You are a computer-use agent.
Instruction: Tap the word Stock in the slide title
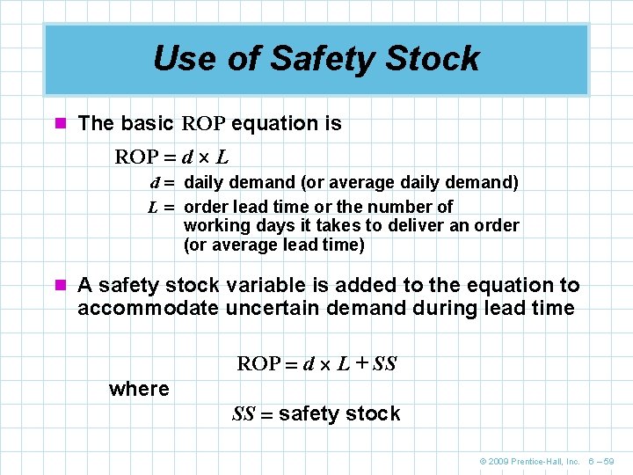point(437,59)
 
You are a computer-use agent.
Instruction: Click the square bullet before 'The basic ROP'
point(61,124)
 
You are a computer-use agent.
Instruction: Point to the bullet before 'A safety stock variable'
point(61,286)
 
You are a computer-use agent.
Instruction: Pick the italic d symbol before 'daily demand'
point(155,183)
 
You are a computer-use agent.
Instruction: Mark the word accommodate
point(148,308)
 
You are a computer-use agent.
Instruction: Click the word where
point(139,389)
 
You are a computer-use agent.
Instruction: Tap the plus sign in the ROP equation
point(360,363)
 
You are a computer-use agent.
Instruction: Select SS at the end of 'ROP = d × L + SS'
point(384,363)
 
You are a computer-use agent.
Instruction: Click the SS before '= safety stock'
point(244,414)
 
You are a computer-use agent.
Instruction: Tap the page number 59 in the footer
point(618,461)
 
